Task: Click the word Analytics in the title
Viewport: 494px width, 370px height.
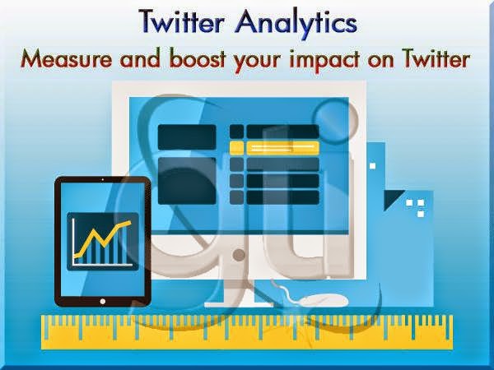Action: point(296,23)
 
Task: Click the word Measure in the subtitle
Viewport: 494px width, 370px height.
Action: point(66,59)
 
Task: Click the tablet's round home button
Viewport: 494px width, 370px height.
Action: point(102,301)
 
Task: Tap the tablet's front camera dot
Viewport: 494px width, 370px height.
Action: point(102,179)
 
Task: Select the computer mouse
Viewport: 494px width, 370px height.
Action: point(324,300)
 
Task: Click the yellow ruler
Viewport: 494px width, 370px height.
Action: point(247,331)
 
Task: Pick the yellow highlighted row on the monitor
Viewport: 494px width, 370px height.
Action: point(274,148)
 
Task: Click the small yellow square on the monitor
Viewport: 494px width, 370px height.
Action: point(236,148)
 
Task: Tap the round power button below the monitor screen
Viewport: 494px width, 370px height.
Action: point(239,255)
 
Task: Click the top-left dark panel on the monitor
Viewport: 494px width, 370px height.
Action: point(187,136)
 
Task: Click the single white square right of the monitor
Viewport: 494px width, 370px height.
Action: point(372,166)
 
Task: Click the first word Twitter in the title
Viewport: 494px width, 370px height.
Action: point(181,22)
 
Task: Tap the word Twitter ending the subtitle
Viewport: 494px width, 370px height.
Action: point(436,59)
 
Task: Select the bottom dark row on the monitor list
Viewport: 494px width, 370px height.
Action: point(274,197)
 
